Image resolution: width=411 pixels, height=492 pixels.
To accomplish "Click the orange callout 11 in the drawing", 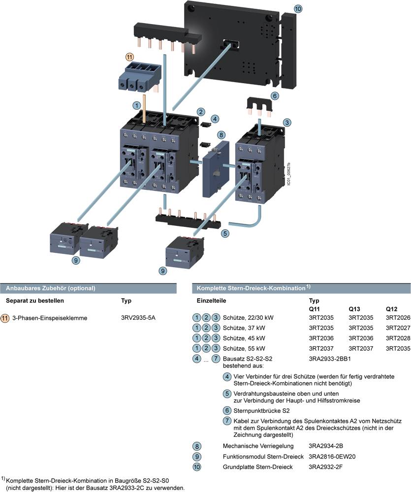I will pyautogui.click(x=129, y=57).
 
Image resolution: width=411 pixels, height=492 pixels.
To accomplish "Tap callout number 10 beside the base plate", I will pyautogui.click(x=299, y=9).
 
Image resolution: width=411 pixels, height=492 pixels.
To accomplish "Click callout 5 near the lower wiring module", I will pyautogui.click(x=225, y=233).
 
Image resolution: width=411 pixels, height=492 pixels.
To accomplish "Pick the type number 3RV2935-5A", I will pyautogui.click(x=138, y=318).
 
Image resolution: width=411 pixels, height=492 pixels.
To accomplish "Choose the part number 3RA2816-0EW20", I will pyautogui.click(x=332, y=456).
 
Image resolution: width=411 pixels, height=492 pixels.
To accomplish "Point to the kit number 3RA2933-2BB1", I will pyautogui.click(x=330, y=359).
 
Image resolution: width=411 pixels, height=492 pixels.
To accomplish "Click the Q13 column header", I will pyautogui.click(x=355, y=308).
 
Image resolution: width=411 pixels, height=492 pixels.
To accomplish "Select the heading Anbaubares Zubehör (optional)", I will pyautogui.click(x=50, y=288).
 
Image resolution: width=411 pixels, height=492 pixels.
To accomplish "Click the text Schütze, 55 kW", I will pyautogui.click(x=244, y=348).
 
